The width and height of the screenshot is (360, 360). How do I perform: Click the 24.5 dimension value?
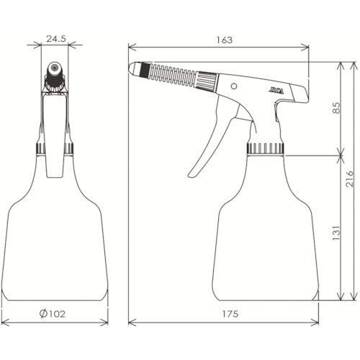56,38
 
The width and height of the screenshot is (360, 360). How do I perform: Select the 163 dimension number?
225,40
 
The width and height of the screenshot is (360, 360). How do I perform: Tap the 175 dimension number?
230,314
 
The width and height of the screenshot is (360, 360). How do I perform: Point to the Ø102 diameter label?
53,314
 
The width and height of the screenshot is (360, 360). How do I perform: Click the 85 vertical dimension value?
336,108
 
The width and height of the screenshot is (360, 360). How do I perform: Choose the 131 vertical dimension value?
336,233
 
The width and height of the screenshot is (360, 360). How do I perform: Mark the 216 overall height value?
350,179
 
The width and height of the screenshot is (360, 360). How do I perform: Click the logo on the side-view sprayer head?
276,91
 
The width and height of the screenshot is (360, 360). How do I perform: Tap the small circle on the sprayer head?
234,86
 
